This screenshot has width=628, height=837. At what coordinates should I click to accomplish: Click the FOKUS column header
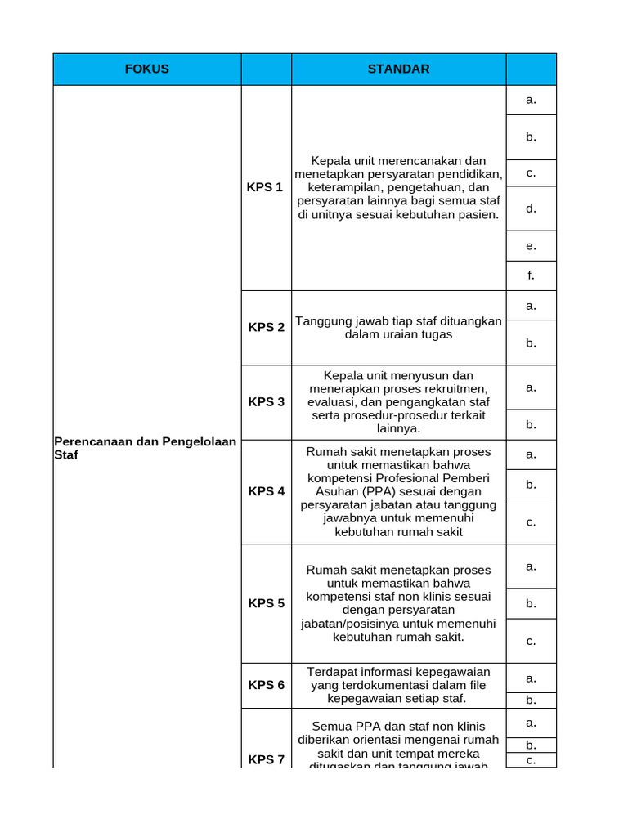coord(147,69)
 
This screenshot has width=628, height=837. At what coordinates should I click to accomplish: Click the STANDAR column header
coord(398,69)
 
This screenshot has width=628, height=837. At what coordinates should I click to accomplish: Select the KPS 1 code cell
coord(265,187)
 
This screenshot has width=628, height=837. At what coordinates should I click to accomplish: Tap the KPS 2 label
coord(267,328)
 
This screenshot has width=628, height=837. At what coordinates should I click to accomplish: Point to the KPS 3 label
coord(267,402)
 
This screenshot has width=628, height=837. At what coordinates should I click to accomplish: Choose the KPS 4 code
coord(267,492)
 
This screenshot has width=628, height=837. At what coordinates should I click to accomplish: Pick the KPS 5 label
coord(267,604)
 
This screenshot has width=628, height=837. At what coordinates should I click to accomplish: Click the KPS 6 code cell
coord(267,685)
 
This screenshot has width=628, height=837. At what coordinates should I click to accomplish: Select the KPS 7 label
coord(267,759)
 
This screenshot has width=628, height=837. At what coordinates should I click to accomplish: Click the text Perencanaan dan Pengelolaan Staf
coord(145,448)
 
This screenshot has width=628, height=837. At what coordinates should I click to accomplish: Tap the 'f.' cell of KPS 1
coord(531,275)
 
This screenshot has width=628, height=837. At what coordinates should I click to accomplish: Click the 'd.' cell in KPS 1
coord(531,208)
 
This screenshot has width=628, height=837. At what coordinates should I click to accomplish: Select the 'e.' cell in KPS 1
coord(531,246)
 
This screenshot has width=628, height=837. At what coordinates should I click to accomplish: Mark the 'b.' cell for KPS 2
coord(531,342)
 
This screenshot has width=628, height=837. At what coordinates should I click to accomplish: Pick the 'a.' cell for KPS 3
coord(531,387)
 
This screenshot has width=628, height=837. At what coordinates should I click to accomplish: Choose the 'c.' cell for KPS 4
coord(531,521)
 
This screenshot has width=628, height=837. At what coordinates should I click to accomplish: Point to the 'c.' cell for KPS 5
coord(531,641)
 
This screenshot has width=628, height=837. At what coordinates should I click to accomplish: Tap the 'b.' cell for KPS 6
coord(531,700)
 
